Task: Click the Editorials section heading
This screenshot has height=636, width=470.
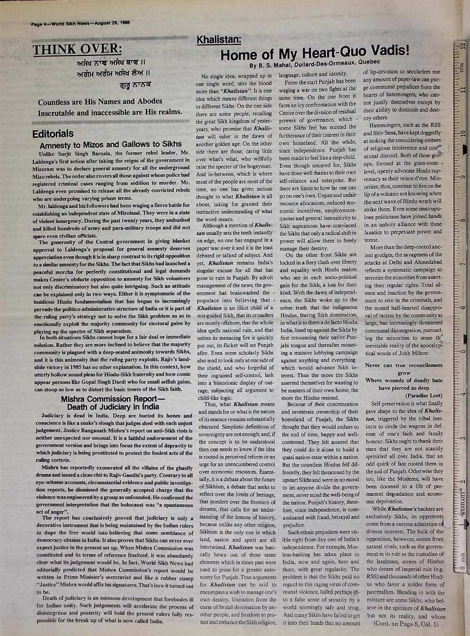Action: click(53, 134)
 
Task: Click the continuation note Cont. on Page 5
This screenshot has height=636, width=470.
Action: click(405, 624)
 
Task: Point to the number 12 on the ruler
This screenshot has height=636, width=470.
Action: click(464, 47)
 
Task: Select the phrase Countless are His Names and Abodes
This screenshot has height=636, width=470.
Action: click(100, 102)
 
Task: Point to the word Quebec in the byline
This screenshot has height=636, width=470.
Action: click(371, 62)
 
